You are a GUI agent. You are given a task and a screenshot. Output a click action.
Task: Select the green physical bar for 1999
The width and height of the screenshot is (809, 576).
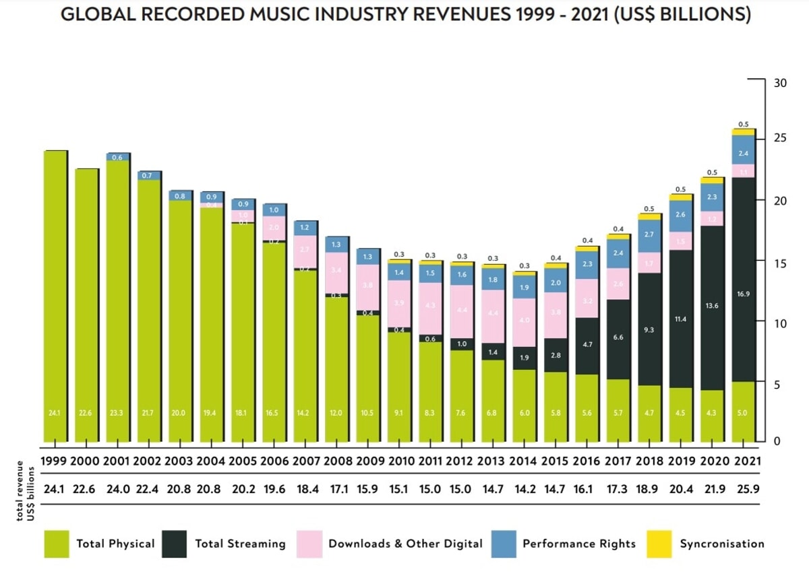[x=55, y=296]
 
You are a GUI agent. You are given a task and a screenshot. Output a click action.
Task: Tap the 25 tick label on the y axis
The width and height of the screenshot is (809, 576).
[x=781, y=139]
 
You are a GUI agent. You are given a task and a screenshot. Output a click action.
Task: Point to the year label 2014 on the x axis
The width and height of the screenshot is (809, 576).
[x=524, y=461]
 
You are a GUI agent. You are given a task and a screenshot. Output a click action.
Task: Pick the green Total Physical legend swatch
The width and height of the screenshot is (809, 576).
[x=57, y=544]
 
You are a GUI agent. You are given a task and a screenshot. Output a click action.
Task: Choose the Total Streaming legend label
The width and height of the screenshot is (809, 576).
[x=240, y=544]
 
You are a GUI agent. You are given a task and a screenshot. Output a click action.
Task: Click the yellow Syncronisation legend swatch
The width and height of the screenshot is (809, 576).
[x=659, y=544]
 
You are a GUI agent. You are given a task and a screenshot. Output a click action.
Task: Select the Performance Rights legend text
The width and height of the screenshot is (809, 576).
[x=579, y=544]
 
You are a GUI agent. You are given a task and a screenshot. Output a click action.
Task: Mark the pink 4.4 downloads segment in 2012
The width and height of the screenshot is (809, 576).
[x=461, y=311]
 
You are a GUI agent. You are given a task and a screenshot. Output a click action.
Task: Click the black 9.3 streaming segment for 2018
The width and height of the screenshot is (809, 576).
[x=649, y=329]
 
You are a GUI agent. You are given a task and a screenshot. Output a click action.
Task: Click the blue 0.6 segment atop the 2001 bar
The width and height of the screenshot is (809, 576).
[x=118, y=157]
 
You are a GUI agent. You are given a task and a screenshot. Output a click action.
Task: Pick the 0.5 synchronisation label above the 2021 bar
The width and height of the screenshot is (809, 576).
[x=744, y=124]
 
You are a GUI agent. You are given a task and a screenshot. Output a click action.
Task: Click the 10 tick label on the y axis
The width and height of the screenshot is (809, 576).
[x=781, y=324]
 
